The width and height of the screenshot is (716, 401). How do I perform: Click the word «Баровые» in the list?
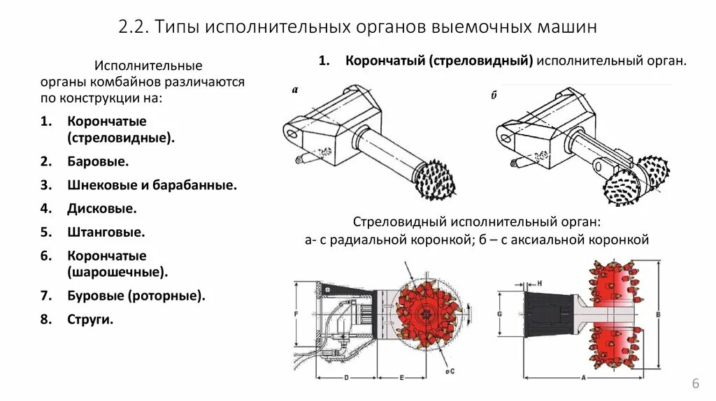tap(98, 161)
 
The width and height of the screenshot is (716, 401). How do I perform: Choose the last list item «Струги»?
tap(90, 319)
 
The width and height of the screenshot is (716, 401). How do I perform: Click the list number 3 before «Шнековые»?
tap(45, 185)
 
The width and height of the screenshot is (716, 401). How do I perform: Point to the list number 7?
tap(45, 296)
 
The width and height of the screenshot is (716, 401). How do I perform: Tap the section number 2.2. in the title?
tap(134, 28)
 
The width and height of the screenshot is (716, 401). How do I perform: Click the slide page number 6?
tap(696, 384)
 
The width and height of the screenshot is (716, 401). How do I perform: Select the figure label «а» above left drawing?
tap(295, 89)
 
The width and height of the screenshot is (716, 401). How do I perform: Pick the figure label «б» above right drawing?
tap(493, 96)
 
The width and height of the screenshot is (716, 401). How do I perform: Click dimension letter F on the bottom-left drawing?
tap(296, 314)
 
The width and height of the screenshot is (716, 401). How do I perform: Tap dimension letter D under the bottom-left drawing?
tap(347, 378)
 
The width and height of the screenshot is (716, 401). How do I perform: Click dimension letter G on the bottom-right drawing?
tap(499, 314)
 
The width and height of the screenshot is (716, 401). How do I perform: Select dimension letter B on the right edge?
tap(658, 314)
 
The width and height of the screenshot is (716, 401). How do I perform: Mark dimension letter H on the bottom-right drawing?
tap(540, 282)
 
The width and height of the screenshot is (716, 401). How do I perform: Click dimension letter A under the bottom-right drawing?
tap(583, 378)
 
